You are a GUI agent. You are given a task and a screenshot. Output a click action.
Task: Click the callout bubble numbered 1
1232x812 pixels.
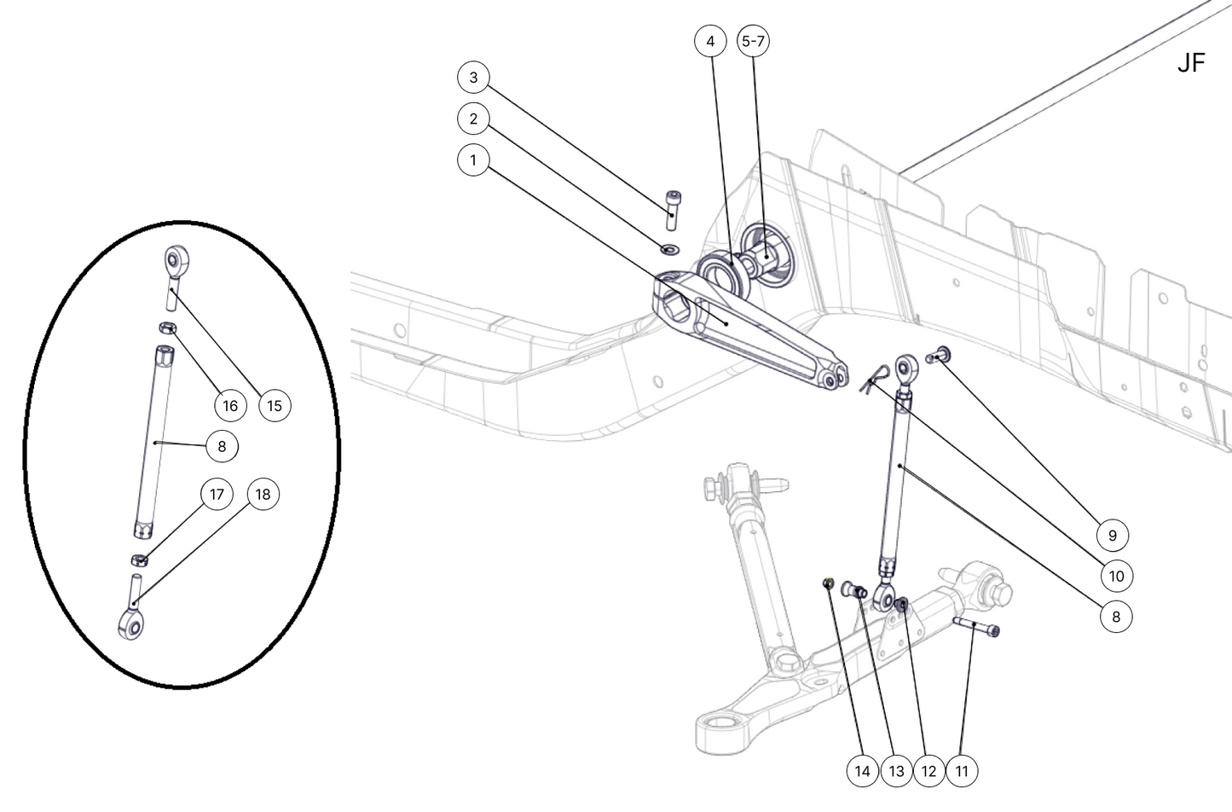click(473, 159)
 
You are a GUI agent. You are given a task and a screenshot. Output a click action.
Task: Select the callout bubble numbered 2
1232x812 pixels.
click(473, 119)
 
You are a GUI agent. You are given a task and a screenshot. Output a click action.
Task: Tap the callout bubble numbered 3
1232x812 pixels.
click(473, 78)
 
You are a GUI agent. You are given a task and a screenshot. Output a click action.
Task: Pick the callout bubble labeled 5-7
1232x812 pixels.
click(753, 41)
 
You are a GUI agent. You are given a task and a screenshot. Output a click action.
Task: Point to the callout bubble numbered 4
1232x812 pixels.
click(710, 41)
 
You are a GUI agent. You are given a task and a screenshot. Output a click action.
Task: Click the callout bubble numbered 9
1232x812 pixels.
click(1112, 535)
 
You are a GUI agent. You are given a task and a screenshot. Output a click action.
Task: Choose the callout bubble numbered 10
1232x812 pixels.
click(1116, 576)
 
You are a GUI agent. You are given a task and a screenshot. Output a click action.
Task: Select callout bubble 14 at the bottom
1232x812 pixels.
click(863, 771)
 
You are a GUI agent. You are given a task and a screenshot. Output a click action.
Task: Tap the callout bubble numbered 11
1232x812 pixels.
click(962, 771)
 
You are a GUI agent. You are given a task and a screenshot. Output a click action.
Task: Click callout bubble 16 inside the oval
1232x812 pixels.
click(230, 405)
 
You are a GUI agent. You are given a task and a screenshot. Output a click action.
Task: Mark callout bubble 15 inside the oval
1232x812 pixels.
click(274, 405)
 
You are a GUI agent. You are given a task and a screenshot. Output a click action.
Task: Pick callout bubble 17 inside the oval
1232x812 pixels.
click(217, 495)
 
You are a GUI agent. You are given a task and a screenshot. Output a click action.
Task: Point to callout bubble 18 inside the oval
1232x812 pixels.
click(263, 495)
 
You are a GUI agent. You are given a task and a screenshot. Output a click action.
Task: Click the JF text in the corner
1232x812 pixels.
click(1190, 63)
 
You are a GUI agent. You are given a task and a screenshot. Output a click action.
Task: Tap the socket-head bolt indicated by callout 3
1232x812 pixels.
click(673, 208)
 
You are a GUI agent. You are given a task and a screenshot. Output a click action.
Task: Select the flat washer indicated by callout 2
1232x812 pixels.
click(669, 249)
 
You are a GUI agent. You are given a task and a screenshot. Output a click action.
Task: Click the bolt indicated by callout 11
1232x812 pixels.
click(977, 627)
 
